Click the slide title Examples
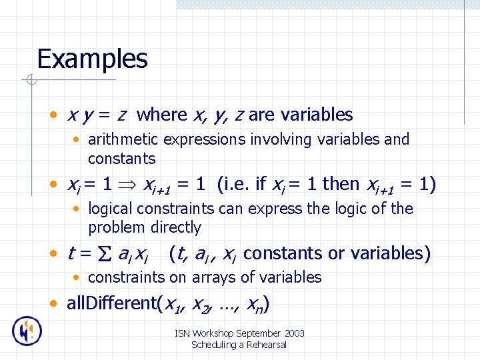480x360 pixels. point(92,59)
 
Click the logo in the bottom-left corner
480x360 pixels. point(27,331)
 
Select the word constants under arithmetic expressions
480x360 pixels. point(121,159)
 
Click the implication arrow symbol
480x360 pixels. point(131,184)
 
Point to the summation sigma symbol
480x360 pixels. point(105,254)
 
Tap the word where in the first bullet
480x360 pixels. point(161,115)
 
